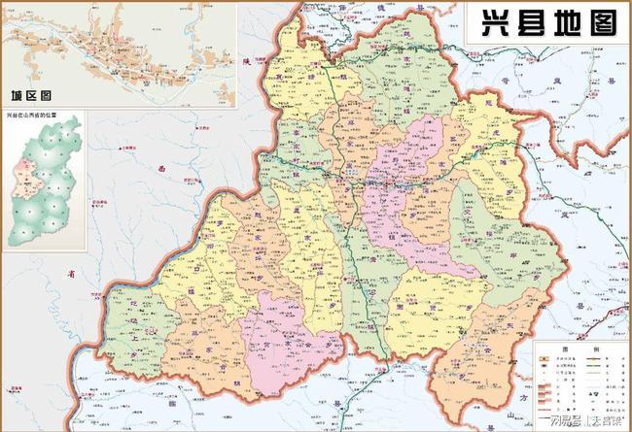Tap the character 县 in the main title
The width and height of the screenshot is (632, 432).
[x=525, y=23]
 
